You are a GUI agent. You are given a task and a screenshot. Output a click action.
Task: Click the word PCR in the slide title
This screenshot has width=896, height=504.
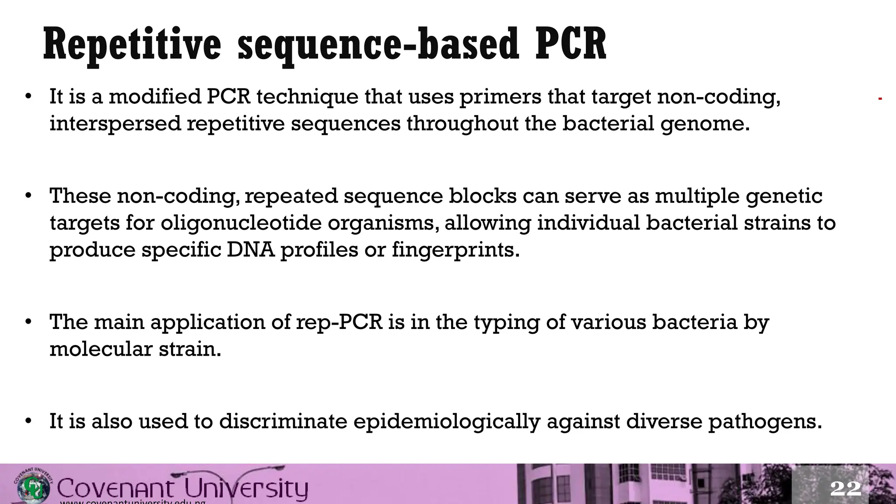pyautogui.click(x=571, y=44)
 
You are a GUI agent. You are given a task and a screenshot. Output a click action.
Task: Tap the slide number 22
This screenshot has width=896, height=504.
pyautogui.click(x=845, y=488)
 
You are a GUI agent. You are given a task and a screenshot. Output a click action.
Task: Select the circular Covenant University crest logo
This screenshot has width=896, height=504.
pyautogui.click(x=34, y=486)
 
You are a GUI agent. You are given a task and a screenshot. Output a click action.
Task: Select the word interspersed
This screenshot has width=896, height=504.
pyautogui.click(x=115, y=123)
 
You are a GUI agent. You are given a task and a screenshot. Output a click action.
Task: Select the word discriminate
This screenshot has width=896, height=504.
pyautogui.click(x=283, y=421)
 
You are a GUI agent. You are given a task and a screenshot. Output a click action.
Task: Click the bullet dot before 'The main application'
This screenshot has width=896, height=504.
pyautogui.click(x=28, y=322)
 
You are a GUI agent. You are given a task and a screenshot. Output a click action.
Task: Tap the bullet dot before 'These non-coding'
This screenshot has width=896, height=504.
pyautogui.click(x=28, y=196)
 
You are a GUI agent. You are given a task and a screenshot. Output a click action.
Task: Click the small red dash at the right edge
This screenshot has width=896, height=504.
pyautogui.click(x=880, y=99)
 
